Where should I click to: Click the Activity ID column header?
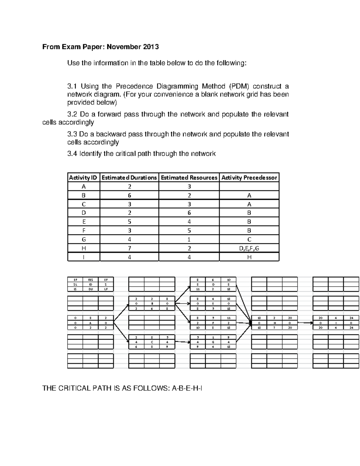point(83,178)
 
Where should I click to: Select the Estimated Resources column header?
point(189,178)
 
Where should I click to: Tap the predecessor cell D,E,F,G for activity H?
point(249,248)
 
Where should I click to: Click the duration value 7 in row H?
point(129,248)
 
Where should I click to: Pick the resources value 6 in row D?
point(189,213)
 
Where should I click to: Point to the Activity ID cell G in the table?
point(84,239)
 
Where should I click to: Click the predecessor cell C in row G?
point(249,239)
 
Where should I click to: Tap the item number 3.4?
point(72,154)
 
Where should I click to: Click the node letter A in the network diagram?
point(90,323)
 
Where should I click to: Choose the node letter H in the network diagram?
point(274,323)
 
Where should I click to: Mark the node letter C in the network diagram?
point(152,342)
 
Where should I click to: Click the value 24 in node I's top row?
point(351,318)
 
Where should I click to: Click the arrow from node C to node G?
point(182,341)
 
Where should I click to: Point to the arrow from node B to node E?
point(182,304)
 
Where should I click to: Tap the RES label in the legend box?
point(90,280)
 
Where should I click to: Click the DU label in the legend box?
point(90,289)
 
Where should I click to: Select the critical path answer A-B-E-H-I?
point(187,389)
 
